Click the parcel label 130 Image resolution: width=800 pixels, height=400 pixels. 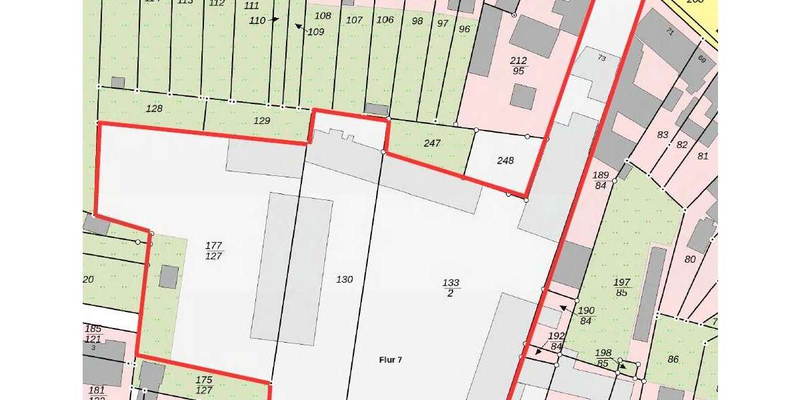tap(345, 279)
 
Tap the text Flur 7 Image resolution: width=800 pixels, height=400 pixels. tap(390, 360)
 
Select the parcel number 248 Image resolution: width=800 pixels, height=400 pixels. tap(505, 161)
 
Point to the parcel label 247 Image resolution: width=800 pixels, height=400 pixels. tap(433, 143)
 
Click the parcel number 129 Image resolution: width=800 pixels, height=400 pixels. tap(262, 121)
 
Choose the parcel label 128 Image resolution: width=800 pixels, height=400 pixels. tap(154, 108)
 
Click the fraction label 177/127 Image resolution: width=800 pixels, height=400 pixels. tap(214, 251)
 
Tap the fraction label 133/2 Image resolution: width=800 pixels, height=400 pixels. tap(451, 288)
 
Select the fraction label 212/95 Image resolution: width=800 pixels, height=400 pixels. tap(519, 65)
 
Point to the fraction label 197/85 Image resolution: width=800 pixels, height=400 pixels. tap(621, 287)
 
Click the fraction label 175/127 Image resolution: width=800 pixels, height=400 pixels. tap(204, 385)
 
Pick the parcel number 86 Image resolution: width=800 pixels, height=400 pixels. tap(673, 359)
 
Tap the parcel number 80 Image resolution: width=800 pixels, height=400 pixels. tap(690, 259)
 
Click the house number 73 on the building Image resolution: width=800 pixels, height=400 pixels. tap(601, 59)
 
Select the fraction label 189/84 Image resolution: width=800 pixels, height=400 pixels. tap(601, 180)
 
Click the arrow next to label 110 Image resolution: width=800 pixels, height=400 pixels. tap(273, 20)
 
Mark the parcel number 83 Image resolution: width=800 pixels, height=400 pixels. tap(663, 135)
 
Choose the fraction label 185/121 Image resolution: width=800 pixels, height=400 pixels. tap(93, 333)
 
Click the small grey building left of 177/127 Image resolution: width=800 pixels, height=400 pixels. tap(169, 276)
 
